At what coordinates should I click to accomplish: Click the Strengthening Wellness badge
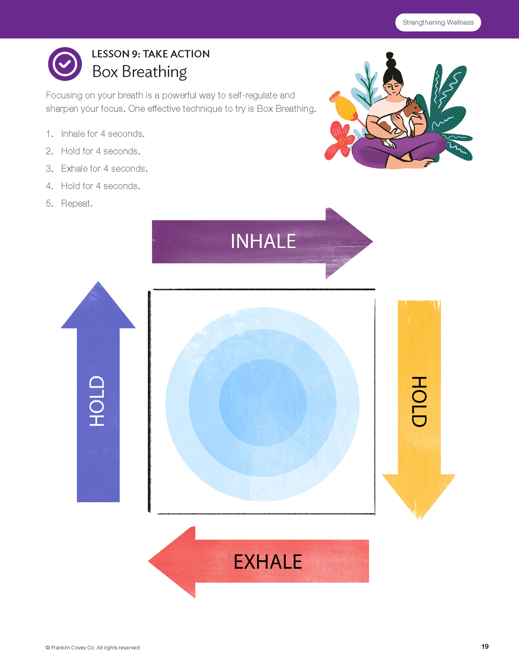pos(438,22)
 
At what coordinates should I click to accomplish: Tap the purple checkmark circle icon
pos(65,64)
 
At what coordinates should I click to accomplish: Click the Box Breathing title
pos(139,72)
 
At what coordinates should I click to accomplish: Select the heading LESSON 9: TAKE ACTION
pos(150,54)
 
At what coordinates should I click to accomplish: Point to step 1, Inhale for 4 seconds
pos(102,134)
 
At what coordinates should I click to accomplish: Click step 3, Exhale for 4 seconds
pos(104,169)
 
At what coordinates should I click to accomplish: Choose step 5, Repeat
pos(77,203)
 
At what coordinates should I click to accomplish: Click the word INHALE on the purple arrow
pos(263,241)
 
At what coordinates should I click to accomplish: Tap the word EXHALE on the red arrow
pos(268,562)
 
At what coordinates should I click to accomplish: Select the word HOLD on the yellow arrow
pos(419,401)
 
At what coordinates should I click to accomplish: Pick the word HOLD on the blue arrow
pos(97,401)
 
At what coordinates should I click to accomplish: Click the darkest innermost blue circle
pos(263,402)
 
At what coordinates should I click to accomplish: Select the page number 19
pos(485,646)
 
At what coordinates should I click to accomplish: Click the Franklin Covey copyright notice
pos(93,648)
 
